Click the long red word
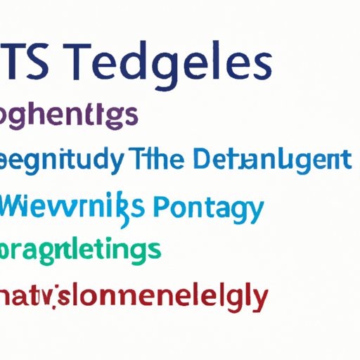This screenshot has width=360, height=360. (134, 297)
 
